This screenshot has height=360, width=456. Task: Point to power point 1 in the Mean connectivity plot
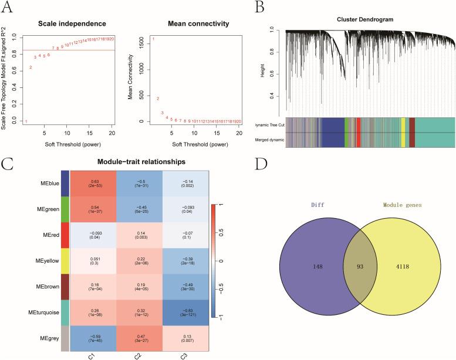(x=154, y=39)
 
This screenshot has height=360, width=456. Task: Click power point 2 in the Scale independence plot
(x=31, y=67)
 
